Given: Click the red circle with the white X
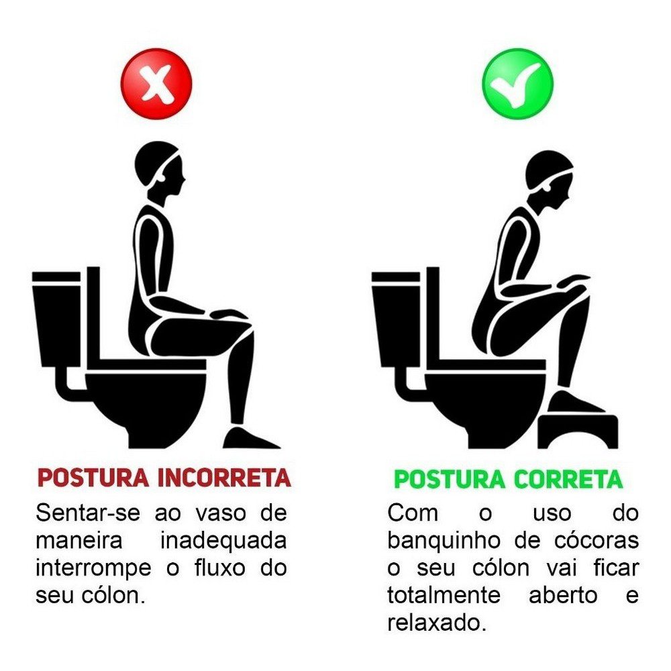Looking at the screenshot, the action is click(156, 84).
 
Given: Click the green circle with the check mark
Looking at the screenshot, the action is click(518, 84).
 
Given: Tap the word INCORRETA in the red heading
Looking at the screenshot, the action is click(224, 478).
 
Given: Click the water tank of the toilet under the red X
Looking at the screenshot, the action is click(56, 318).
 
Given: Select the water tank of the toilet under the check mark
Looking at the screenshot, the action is click(396, 318).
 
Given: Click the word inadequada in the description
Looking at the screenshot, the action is click(223, 541).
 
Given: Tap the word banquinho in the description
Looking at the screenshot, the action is click(444, 541).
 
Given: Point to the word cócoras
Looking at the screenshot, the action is click(597, 541).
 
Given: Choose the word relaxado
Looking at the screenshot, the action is click(437, 623).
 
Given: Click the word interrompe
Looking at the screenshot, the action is click(93, 568).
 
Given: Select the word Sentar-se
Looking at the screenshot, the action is click(88, 513).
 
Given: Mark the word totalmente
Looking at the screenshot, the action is click(444, 596).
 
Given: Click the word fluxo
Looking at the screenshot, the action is click(220, 568).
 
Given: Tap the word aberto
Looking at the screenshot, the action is click(563, 596).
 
